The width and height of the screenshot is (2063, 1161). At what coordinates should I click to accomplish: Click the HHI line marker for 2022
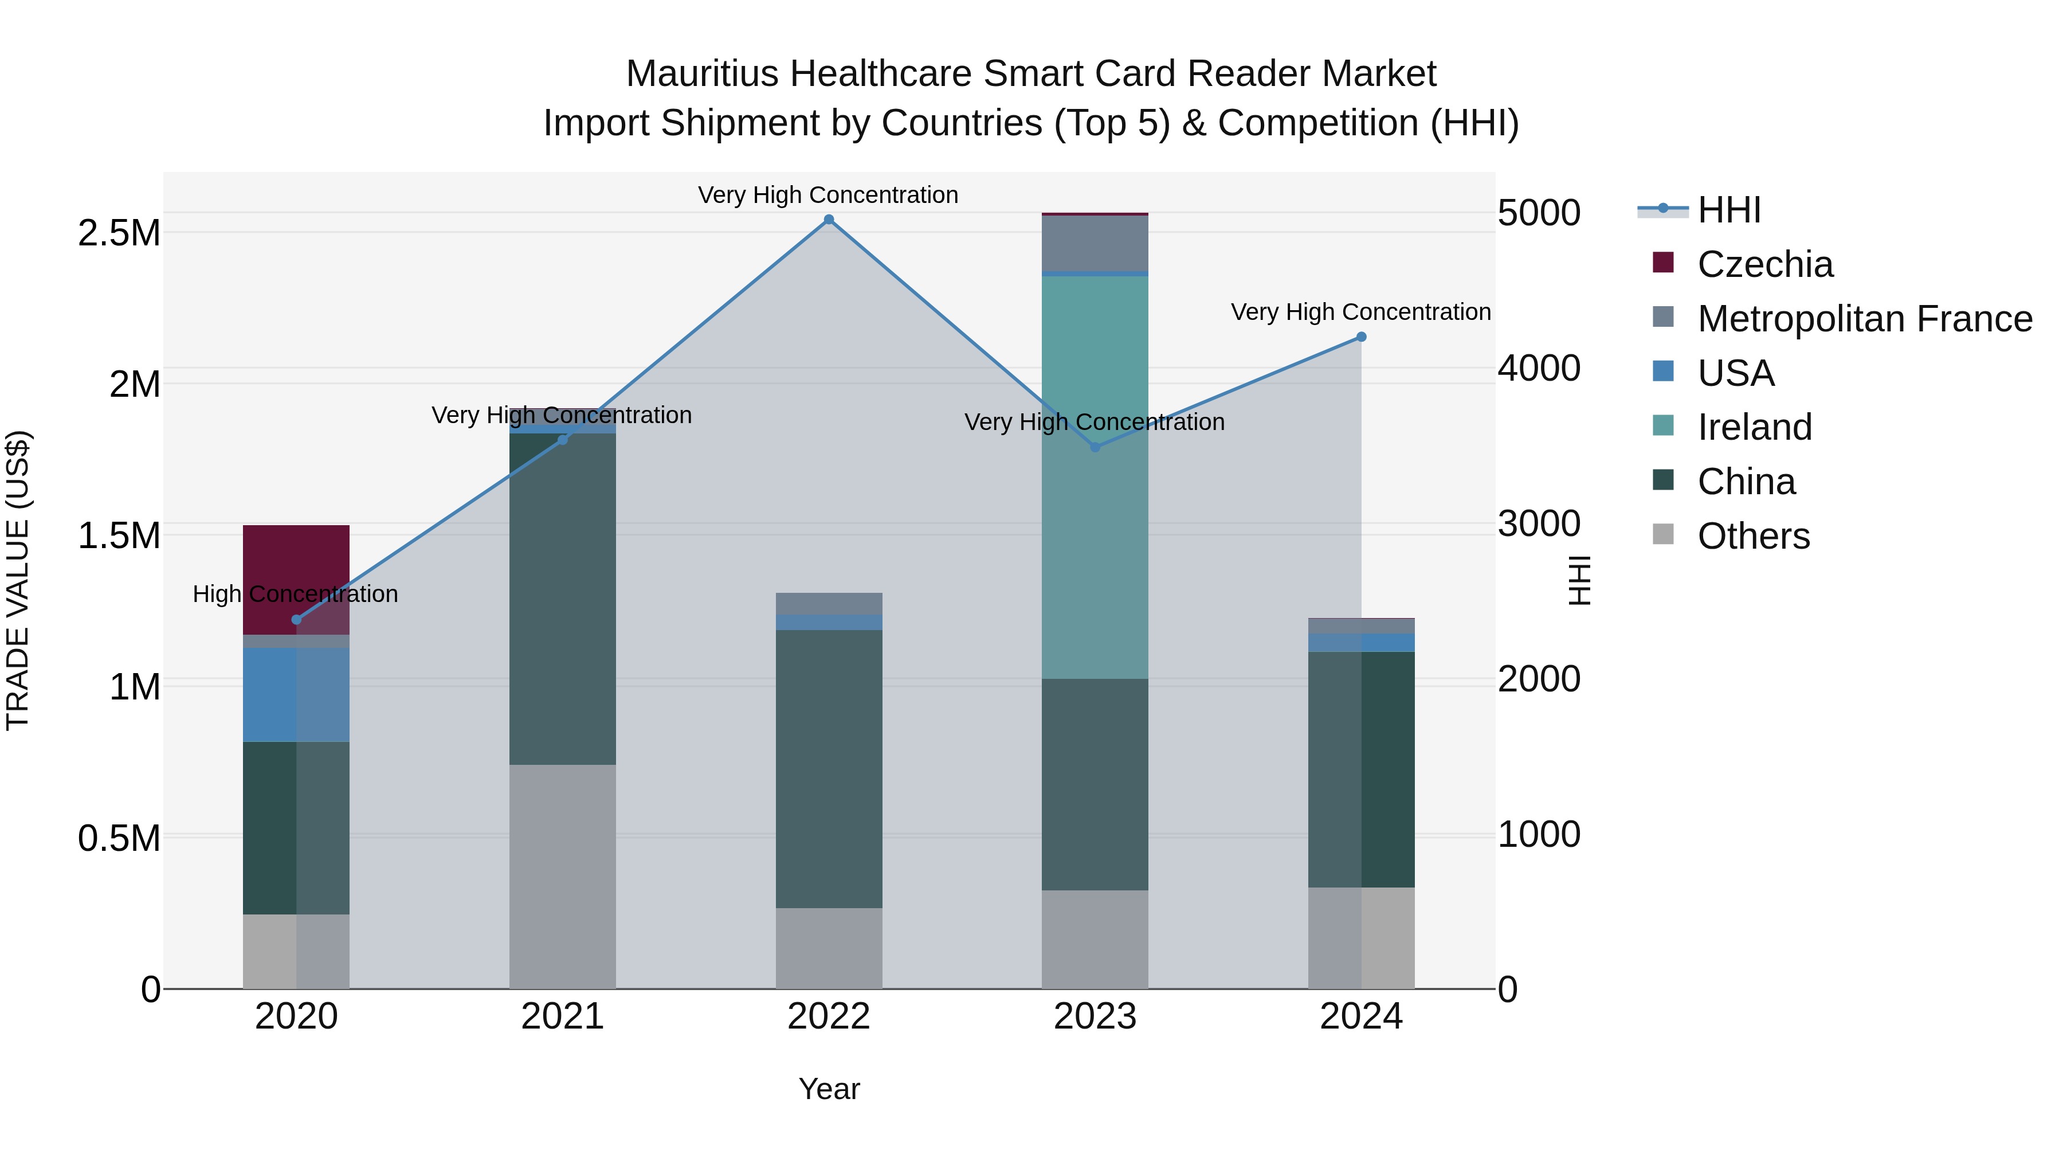point(829,220)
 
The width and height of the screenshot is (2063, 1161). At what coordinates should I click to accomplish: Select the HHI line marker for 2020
point(296,619)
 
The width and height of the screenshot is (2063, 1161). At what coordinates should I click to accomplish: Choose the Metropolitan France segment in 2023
point(1095,244)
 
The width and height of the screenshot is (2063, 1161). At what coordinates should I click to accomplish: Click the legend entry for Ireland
point(1754,427)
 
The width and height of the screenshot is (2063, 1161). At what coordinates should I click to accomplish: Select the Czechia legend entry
point(1764,264)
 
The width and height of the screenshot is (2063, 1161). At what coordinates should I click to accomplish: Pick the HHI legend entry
point(1728,210)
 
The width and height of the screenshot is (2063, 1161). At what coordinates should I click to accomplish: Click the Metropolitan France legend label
point(1864,319)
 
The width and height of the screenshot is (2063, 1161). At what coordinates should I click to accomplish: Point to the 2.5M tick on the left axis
point(119,233)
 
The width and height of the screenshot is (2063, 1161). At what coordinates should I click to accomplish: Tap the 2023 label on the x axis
point(1095,1017)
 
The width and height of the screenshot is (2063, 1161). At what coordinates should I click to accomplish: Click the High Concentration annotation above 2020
point(296,594)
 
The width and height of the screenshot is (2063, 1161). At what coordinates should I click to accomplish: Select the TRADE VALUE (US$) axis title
point(18,580)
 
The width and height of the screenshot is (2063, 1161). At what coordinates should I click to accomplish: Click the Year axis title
point(829,1089)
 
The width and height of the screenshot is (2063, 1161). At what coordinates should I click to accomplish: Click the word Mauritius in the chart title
point(701,74)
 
